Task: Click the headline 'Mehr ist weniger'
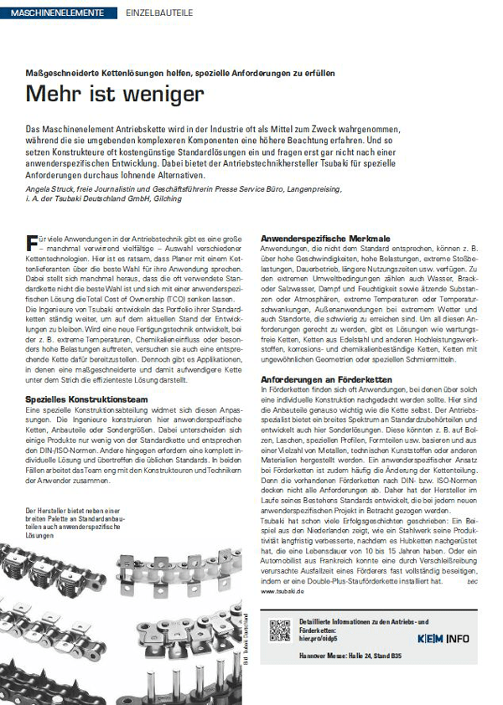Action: pos(114,94)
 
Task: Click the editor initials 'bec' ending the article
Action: pos(472,581)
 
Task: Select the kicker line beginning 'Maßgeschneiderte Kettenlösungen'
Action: pos(180,73)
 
